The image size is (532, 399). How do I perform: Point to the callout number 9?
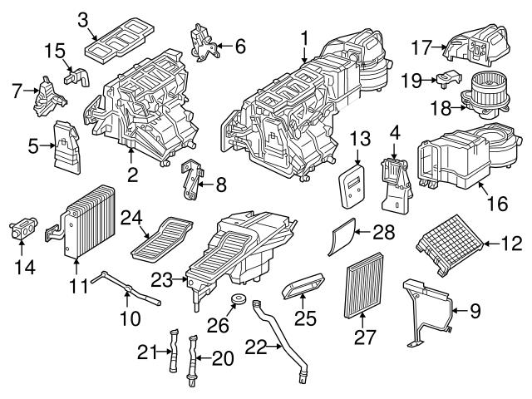point(475,312)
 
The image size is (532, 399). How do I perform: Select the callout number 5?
point(32,147)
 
